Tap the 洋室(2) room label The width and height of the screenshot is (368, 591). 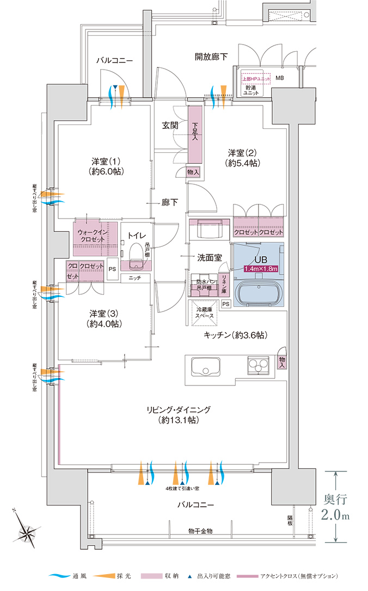coord(243,157)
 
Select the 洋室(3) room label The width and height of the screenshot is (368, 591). coord(106,319)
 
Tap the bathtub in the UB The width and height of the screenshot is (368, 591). coord(259,294)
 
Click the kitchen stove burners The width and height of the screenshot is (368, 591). coord(258,365)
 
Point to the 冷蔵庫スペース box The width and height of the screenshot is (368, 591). coord(202,312)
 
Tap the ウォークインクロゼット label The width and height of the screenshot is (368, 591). coord(90,235)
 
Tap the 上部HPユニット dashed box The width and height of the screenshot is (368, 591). coord(255,78)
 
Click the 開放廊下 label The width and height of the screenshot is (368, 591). coord(211,57)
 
